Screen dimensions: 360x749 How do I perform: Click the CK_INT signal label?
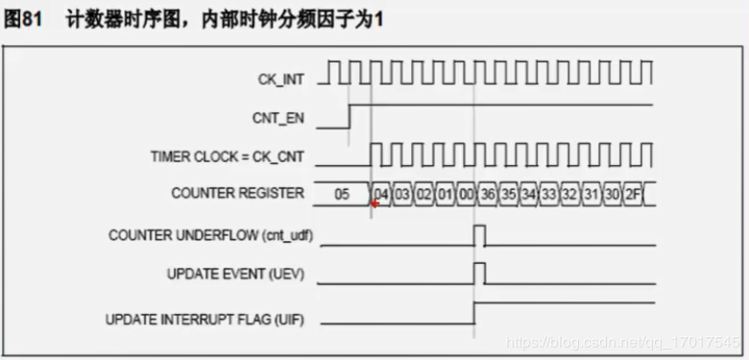[x=283, y=80]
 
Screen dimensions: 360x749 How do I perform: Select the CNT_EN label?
[x=281, y=118]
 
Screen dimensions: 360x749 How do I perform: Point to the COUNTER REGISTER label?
[x=237, y=193]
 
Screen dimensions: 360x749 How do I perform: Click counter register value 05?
[x=342, y=193]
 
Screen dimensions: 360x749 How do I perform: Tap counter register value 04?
[x=381, y=193]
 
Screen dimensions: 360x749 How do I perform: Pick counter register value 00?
[x=466, y=193]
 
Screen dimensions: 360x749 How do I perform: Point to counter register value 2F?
[x=634, y=193]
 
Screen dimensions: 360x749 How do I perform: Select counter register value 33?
[x=549, y=193]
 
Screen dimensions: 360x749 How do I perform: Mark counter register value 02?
[x=423, y=193]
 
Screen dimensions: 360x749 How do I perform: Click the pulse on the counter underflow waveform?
[x=479, y=235]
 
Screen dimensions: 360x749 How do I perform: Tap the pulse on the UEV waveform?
[x=479, y=274]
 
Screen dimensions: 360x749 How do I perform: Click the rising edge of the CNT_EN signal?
[x=350, y=115]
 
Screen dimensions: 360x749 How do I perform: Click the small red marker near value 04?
[x=375, y=204]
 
